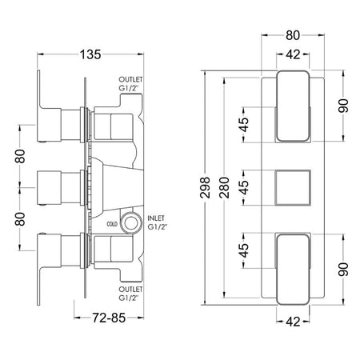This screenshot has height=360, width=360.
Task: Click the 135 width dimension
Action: pos(90,54)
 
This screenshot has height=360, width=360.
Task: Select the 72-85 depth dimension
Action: pos(109,318)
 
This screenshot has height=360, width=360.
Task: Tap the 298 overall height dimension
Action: pos(205,187)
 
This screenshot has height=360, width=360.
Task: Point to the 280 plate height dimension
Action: pos(225,187)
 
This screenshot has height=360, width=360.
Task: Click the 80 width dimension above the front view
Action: pos(293,35)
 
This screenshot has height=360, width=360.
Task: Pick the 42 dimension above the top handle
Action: pos(293,54)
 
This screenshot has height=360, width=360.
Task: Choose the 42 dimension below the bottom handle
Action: pos(293,322)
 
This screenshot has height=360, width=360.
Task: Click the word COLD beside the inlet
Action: pos(112,224)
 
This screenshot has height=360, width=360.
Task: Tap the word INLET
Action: pos(156,218)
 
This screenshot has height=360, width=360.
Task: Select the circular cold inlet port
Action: pos(131,223)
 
